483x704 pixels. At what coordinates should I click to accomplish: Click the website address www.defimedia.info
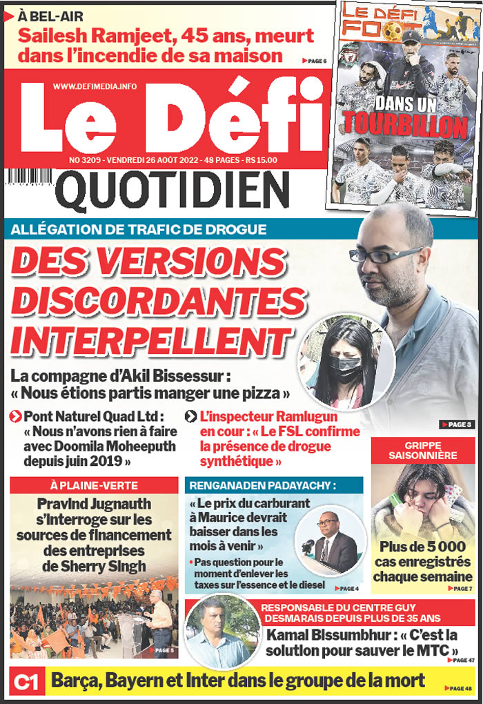tap(95, 86)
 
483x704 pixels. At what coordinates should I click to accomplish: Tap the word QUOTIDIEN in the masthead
tap(173, 191)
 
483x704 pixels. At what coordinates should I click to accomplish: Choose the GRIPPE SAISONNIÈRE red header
tap(422, 451)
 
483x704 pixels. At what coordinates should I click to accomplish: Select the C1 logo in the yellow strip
tap(27, 683)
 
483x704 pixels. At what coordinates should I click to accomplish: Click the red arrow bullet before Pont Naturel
tap(14, 416)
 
